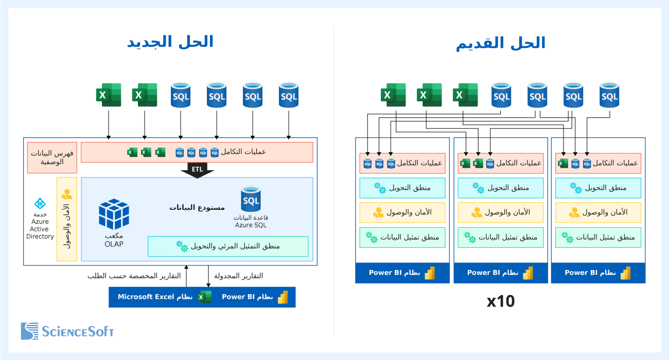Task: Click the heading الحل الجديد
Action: coord(170,42)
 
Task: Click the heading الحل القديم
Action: coord(500,43)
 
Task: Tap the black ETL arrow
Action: coord(197,171)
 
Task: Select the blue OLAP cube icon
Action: coord(114,214)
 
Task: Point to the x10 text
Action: coord(500,301)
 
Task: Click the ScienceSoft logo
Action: coord(67,331)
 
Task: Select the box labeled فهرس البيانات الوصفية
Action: coord(52,157)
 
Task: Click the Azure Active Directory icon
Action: coord(40,204)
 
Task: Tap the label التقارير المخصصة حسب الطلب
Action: coord(134,276)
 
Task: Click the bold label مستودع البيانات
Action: coord(197,207)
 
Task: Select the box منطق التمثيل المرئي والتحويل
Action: coord(228,246)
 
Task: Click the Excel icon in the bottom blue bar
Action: coord(205,297)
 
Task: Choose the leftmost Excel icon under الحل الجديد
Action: coord(109,95)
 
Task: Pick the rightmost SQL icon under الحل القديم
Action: coord(609,95)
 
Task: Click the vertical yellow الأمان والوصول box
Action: coord(66,219)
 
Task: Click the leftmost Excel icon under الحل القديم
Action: coord(393,95)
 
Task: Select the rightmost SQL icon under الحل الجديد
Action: coord(288,95)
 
